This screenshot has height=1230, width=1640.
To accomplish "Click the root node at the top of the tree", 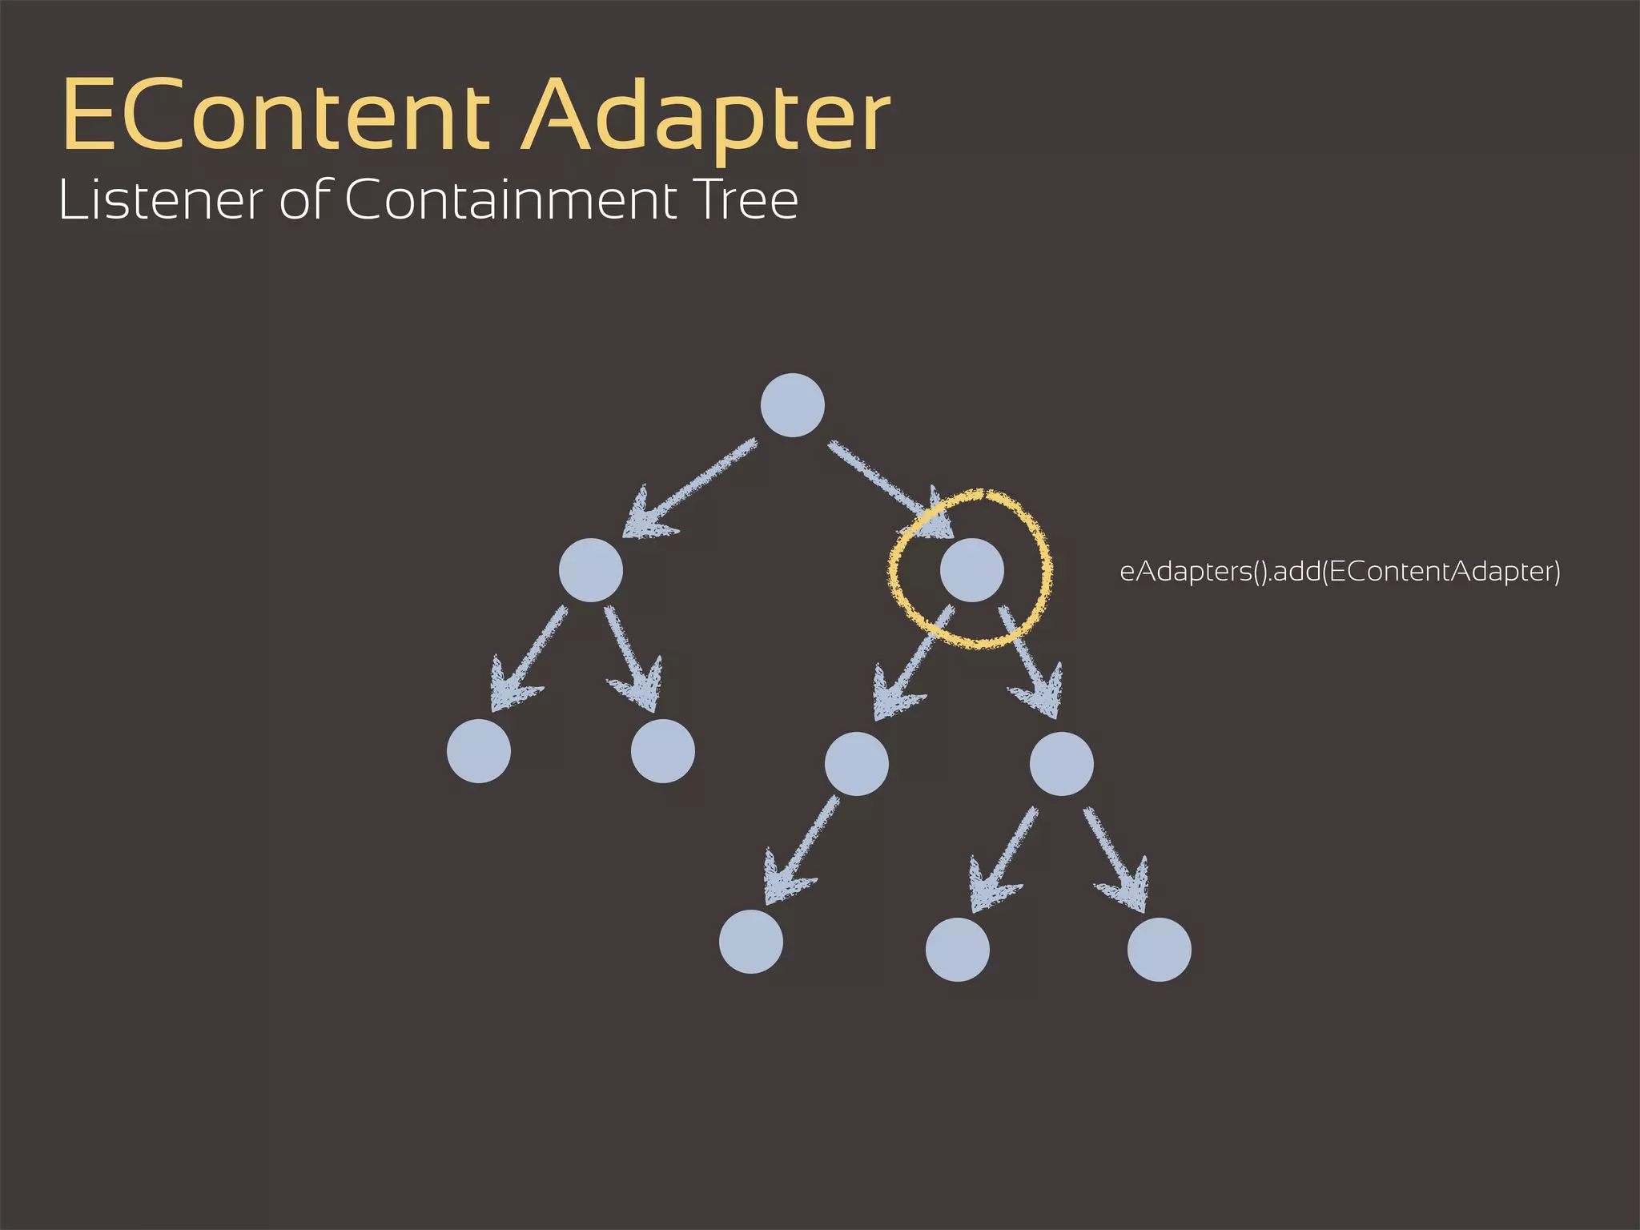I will point(792,405).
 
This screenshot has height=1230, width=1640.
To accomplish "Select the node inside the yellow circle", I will point(971,569).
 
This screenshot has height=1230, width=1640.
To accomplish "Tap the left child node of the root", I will point(591,570).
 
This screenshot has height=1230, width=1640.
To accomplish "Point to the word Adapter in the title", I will point(706,116).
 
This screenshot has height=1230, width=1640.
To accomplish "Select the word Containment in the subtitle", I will point(512,200).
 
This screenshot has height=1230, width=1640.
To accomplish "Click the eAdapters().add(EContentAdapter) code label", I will point(1340,572).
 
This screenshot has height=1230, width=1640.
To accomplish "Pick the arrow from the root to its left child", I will point(689,488).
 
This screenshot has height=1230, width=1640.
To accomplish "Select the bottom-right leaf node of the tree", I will point(1159,949).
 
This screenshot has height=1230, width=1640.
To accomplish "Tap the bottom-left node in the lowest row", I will point(750,941).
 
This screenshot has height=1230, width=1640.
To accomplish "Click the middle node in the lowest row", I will point(957,949).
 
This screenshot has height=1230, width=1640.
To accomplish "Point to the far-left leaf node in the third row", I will point(479,750).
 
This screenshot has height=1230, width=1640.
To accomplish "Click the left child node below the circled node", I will point(856,763).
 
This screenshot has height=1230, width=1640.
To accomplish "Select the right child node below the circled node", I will point(1061,763).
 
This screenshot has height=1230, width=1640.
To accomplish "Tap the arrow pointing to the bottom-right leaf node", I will point(1117,861).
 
